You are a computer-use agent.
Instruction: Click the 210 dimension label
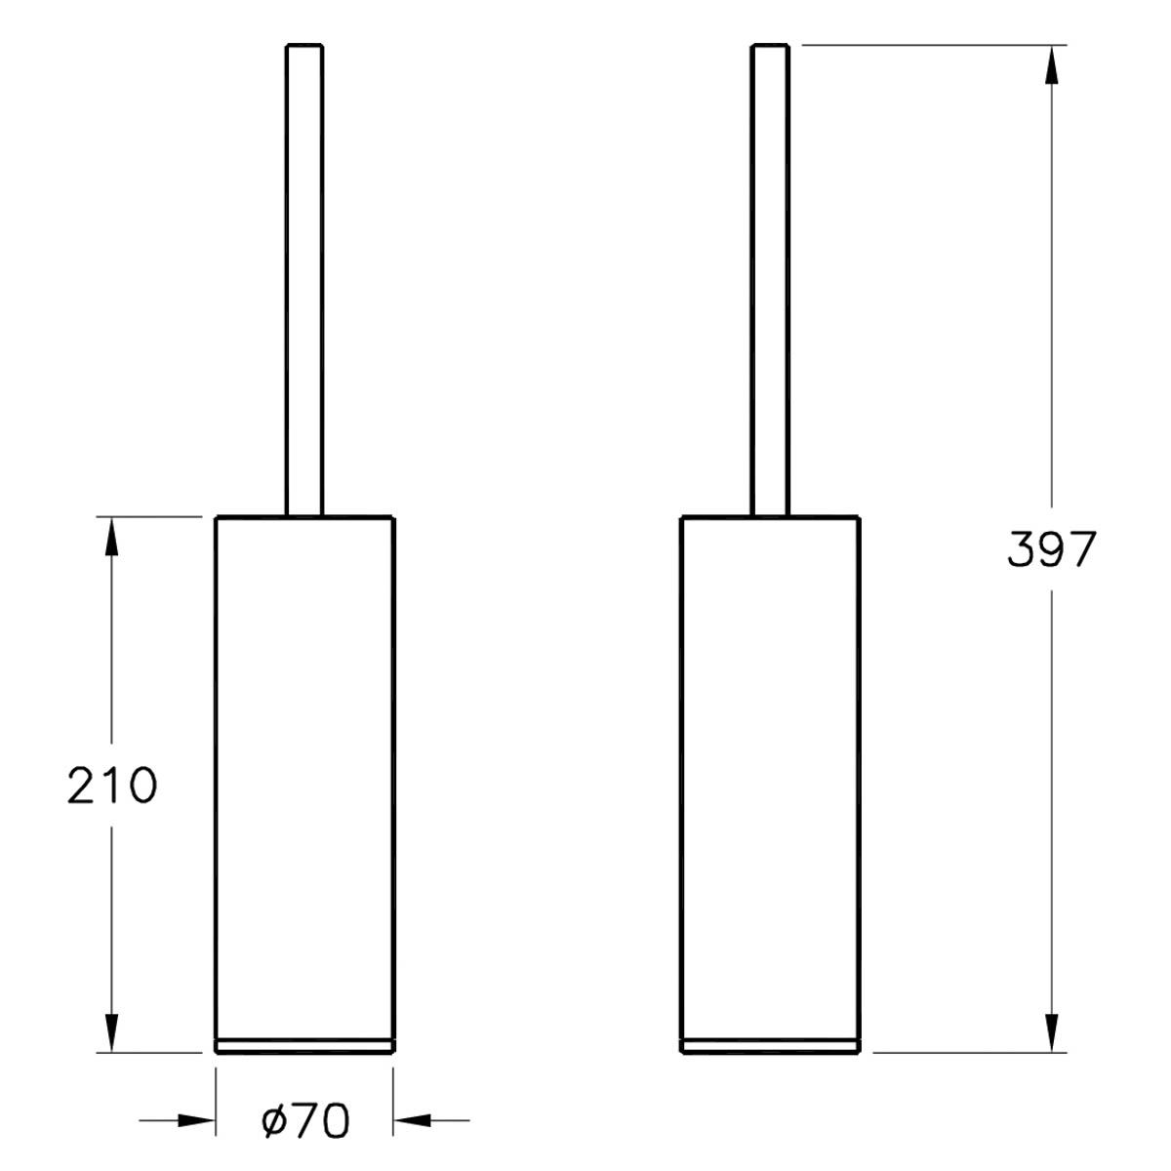[x=112, y=786]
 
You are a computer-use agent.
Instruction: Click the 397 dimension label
[x=1051, y=549]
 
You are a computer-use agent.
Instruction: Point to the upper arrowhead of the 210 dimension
[x=111, y=536]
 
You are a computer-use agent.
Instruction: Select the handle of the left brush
[x=303, y=280]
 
